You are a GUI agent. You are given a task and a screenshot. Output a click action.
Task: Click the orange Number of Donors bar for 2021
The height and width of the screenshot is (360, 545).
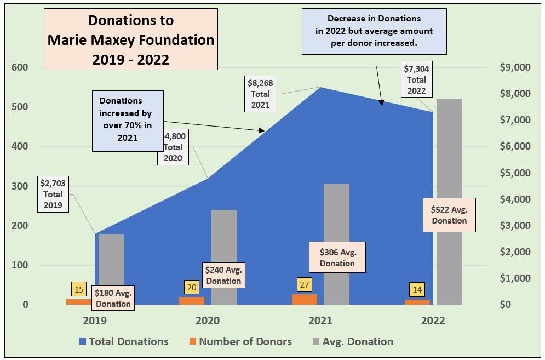[304, 299]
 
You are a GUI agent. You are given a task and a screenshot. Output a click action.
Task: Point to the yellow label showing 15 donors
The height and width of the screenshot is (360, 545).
[79, 289]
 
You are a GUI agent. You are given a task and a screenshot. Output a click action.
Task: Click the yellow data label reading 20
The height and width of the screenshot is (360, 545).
[191, 287]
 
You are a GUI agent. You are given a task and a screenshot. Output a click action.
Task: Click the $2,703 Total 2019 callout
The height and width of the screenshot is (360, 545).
[53, 194]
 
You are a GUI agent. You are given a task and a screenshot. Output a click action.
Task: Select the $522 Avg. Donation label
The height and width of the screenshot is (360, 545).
[449, 214]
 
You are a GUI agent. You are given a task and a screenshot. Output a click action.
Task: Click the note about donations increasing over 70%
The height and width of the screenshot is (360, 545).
[128, 121]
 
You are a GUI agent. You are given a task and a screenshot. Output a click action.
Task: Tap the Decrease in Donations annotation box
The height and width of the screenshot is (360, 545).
[375, 31]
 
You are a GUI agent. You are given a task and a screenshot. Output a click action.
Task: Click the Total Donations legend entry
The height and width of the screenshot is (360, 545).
[123, 341]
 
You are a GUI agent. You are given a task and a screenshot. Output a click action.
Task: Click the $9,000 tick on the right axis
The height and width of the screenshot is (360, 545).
[515, 67]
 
